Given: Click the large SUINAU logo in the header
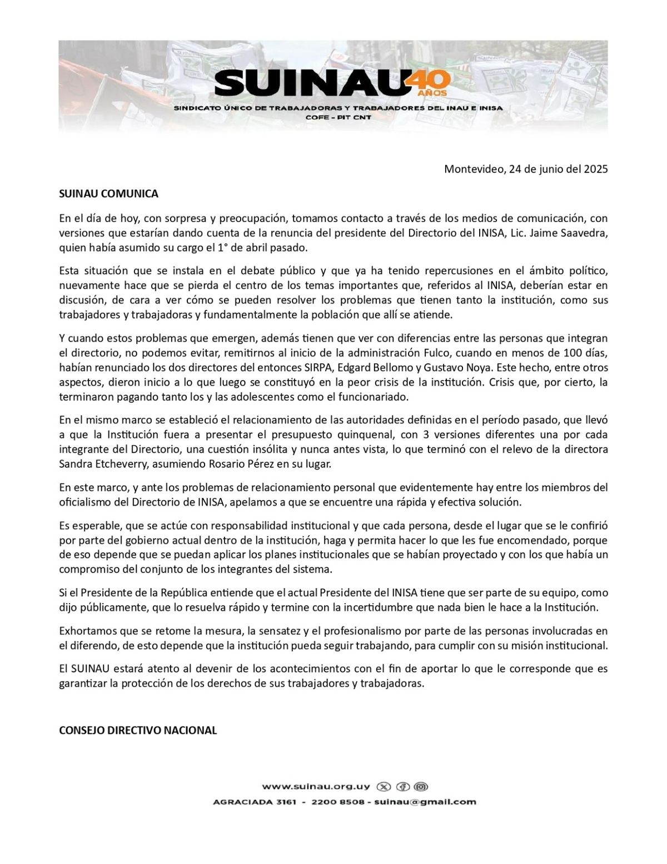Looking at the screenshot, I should coord(308,83).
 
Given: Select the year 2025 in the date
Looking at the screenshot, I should coord(595,170).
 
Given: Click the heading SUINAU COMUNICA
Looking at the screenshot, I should coord(108,194).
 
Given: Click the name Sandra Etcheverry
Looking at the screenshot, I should coord(98,464).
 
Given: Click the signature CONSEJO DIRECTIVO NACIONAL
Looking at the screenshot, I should coord(138,730).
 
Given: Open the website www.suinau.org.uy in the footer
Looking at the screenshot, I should coord(316,787).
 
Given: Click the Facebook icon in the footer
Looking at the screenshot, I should coord(403,787).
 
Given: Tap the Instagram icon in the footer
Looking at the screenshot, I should coord(422,787).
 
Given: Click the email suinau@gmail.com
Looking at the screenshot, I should coord(425,802).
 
